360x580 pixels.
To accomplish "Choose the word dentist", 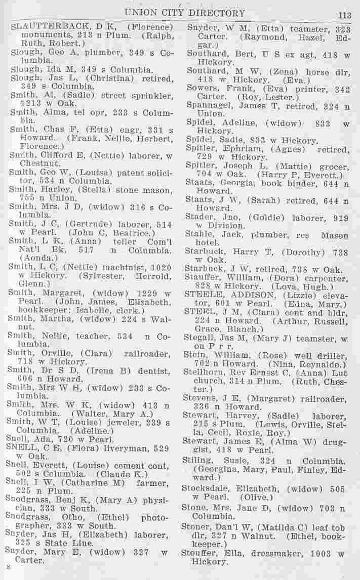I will click(x=153, y=371).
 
